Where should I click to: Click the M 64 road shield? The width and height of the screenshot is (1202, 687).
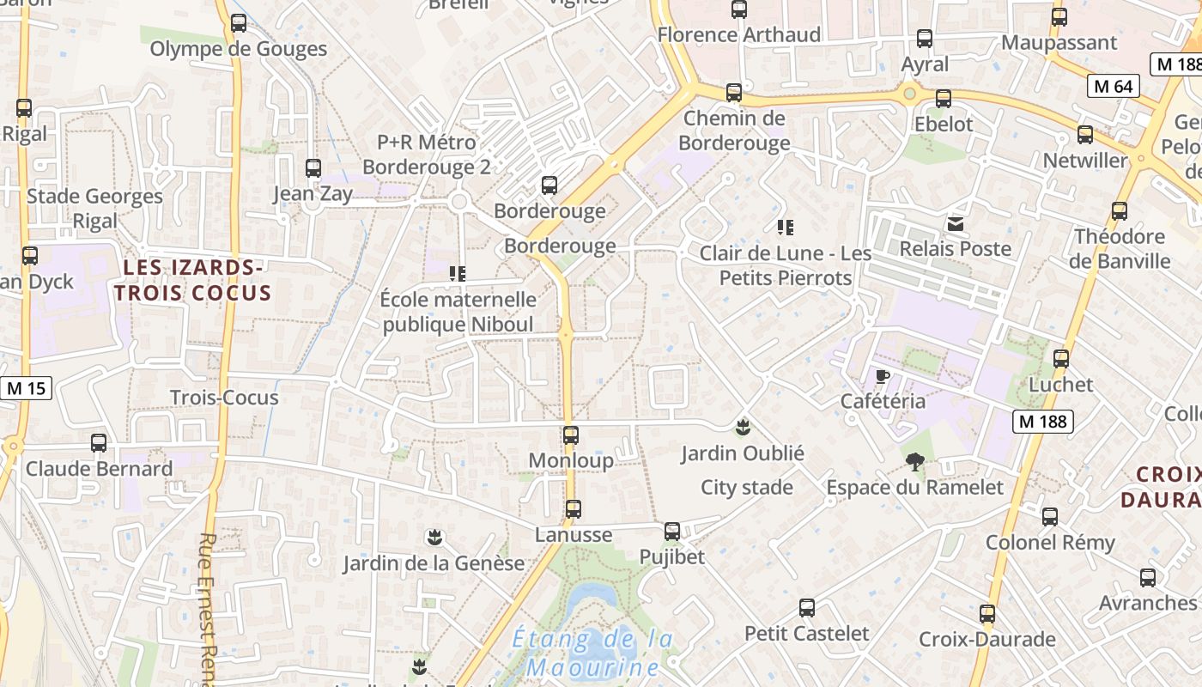pyautogui.click(x=1114, y=86)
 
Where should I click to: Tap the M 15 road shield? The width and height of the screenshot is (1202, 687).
pyautogui.click(x=26, y=388)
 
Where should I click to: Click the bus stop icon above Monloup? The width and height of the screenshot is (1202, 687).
pyautogui.click(x=571, y=435)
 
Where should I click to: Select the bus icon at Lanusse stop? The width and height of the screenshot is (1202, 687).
pyautogui.click(x=574, y=509)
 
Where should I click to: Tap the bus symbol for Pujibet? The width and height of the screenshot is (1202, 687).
pyautogui.click(x=672, y=532)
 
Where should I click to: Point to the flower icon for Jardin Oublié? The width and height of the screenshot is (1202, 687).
pyautogui.click(x=743, y=427)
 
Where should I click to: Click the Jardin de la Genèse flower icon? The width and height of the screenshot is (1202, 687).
pyautogui.click(x=434, y=538)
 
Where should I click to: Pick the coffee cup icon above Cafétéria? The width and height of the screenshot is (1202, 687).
pyautogui.click(x=882, y=376)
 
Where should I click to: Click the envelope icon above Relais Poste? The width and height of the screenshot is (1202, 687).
pyautogui.click(x=955, y=224)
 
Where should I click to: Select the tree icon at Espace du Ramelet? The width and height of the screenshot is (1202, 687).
pyautogui.click(x=915, y=462)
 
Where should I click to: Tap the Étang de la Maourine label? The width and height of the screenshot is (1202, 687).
pyautogui.click(x=592, y=653)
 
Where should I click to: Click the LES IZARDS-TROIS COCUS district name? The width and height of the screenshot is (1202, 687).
pyautogui.click(x=192, y=280)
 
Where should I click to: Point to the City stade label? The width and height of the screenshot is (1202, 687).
pyautogui.click(x=747, y=488)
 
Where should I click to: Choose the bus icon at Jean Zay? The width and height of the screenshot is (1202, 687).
pyautogui.click(x=313, y=168)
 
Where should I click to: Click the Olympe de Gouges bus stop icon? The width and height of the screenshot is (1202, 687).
pyautogui.click(x=239, y=23)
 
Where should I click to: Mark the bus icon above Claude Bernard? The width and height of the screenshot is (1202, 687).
pyautogui.click(x=99, y=443)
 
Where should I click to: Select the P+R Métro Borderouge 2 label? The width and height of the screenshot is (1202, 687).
pyautogui.click(x=427, y=154)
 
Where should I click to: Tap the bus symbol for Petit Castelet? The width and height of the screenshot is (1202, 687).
pyautogui.click(x=807, y=608)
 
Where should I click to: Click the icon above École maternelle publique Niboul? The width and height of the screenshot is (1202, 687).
pyautogui.click(x=458, y=274)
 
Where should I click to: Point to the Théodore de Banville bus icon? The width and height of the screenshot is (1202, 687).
pyautogui.click(x=1120, y=211)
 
